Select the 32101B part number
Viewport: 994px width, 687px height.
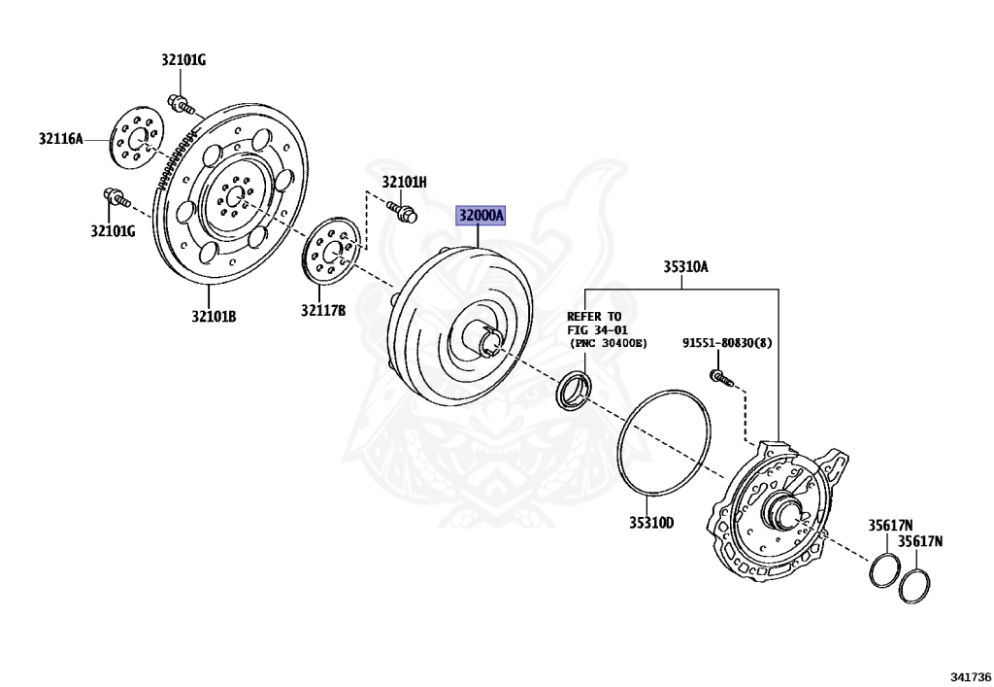tap(214, 317)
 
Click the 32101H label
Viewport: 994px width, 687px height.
tap(404, 182)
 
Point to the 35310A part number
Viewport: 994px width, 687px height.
tap(685, 266)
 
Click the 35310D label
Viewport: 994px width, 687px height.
tap(650, 523)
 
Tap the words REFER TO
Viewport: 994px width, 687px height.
tap(594, 317)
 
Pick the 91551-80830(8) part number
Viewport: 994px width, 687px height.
tap(726, 343)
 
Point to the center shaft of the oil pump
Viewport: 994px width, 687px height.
tap(783, 506)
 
